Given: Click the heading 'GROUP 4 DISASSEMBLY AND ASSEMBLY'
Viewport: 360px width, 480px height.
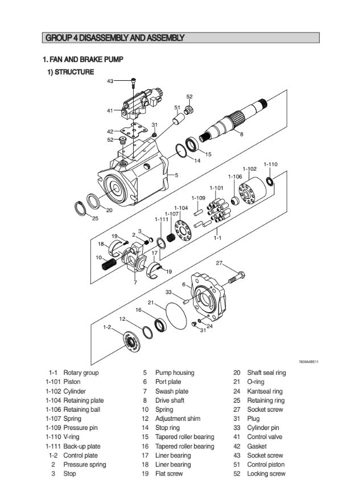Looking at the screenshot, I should [x=114, y=38].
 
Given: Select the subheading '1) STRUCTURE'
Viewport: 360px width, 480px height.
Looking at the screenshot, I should [x=71, y=72].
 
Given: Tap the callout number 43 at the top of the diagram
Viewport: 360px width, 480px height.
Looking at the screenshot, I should [x=110, y=81].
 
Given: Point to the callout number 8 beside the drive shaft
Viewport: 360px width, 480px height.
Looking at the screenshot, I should [x=241, y=134].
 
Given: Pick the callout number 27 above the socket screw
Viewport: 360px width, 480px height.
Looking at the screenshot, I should [x=219, y=263].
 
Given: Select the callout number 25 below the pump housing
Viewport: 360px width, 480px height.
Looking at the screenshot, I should [x=95, y=218].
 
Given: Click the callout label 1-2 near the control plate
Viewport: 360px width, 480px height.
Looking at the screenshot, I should [x=107, y=327].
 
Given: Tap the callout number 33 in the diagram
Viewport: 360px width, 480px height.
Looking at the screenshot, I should [x=168, y=292].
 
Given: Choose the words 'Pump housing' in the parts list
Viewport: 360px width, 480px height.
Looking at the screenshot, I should [x=175, y=373].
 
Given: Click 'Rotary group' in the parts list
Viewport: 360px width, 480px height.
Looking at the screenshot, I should [x=81, y=373].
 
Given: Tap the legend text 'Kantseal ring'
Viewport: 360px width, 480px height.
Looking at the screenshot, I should [x=264, y=391].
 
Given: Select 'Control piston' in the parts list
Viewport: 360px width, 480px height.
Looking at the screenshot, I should [x=266, y=464].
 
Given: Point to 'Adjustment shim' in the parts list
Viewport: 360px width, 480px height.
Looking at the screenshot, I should [x=177, y=419].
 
